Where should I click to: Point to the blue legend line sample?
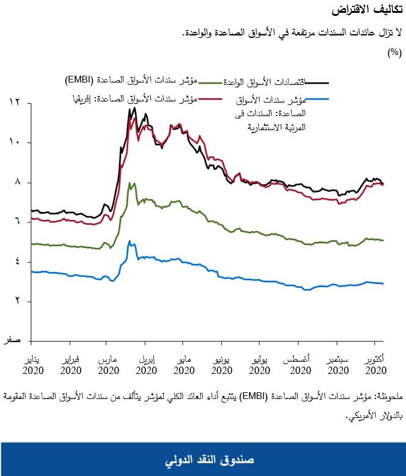tap(318, 98)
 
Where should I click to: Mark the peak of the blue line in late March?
tap(129, 241)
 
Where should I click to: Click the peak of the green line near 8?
tap(129, 183)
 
